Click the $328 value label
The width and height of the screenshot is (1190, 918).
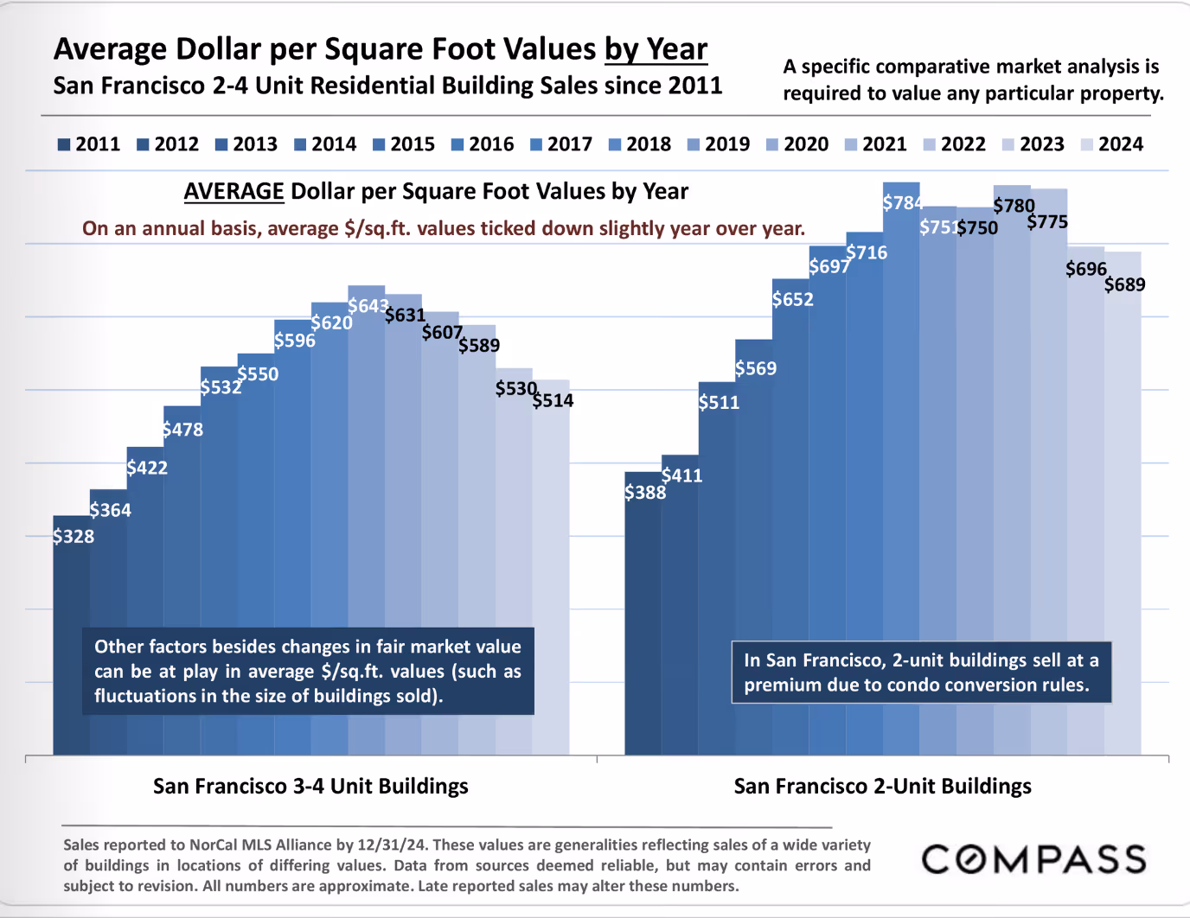click(x=74, y=537)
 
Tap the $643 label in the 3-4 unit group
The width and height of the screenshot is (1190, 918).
click(x=368, y=306)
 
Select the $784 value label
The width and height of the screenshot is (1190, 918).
click(x=903, y=203)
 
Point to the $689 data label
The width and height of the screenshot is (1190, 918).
click(x=1124, y=284)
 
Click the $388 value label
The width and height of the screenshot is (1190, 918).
click(x=645, y=493)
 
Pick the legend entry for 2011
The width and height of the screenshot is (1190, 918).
click(x=89, y=144)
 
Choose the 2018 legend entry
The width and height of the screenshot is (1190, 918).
click(x=640, y=144)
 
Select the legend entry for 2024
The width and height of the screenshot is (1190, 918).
click(x=1112, y=144)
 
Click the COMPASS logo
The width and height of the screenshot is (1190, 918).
click(x=1033, y=859)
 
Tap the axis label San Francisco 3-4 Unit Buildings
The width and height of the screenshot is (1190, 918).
click(x=310, y=786)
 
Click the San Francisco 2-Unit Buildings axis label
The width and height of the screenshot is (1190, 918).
click(x=882, y=786)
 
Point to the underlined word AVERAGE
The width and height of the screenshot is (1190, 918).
click(x=234, y=191)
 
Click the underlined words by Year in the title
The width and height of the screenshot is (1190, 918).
click(x=656, y=49)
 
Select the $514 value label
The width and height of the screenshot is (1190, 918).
click(x=553, y=400)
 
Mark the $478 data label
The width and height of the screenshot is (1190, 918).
click(x=182, y=430)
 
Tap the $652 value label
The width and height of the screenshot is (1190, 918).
click(x=793, y=299)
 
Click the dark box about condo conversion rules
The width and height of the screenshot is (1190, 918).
click(x=921, y=673)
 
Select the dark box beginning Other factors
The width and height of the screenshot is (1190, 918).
click(x=308, y=671)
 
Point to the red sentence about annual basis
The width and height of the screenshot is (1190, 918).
click(x=444, y=228)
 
